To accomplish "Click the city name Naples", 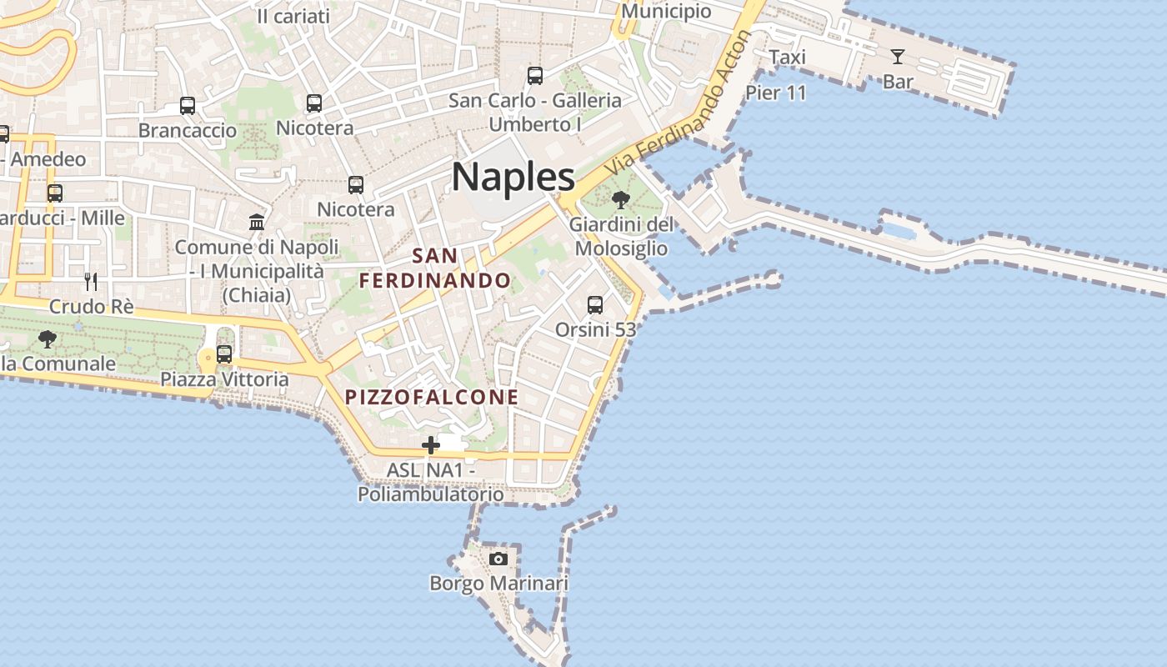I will coord(513,177).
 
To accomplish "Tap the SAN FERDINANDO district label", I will coord(435,268).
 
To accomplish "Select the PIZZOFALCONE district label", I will coord(432,397).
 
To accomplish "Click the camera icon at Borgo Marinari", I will coord(498,559).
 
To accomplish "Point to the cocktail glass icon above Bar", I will coord(897,57).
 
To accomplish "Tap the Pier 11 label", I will coord(776,93).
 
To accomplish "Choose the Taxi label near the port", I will coord(787,57).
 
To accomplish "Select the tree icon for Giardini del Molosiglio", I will coord(620,200).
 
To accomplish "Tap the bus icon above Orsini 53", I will coord(594,305).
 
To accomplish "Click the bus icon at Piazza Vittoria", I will coord(223,354).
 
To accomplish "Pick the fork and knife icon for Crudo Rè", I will coord(91,281).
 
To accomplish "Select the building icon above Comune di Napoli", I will coord(257,223).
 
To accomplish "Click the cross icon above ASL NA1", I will coord(430,446).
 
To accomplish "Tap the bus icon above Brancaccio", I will coord(188,106).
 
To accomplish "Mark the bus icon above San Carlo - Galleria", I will coord(535,76).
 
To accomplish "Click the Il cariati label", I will coord(293,16).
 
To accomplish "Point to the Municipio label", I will coord(666,11).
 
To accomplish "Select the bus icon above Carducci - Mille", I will coord(55,193).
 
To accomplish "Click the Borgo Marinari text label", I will coord(498,583).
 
